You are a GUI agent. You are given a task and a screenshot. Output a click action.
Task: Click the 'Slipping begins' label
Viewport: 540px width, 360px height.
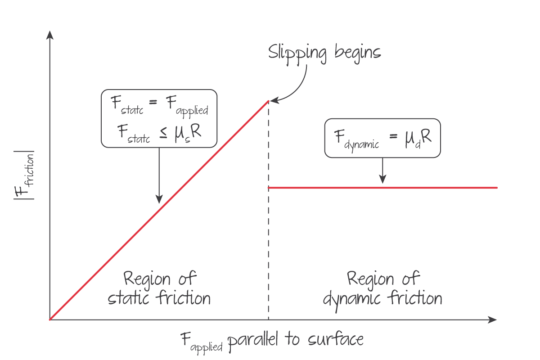(x=324, y=52)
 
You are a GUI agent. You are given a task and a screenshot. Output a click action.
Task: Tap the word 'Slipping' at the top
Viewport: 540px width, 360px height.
(x=297, y=53)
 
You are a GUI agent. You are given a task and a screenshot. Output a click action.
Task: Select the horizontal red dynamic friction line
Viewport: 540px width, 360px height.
(x=382, y=187)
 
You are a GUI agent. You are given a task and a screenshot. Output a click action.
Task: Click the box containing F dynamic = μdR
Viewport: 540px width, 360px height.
(x=382, y=138)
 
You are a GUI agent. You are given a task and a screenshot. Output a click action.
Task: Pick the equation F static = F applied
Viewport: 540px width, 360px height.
(x=159, y=106)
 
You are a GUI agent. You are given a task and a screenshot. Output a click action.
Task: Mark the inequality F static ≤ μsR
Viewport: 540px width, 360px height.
(x=159, y=131)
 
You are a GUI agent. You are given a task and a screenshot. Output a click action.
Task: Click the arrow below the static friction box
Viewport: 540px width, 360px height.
(x=159, y=175)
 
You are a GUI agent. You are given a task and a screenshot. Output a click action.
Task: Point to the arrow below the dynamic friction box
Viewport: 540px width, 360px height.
(x=382, y=170)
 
